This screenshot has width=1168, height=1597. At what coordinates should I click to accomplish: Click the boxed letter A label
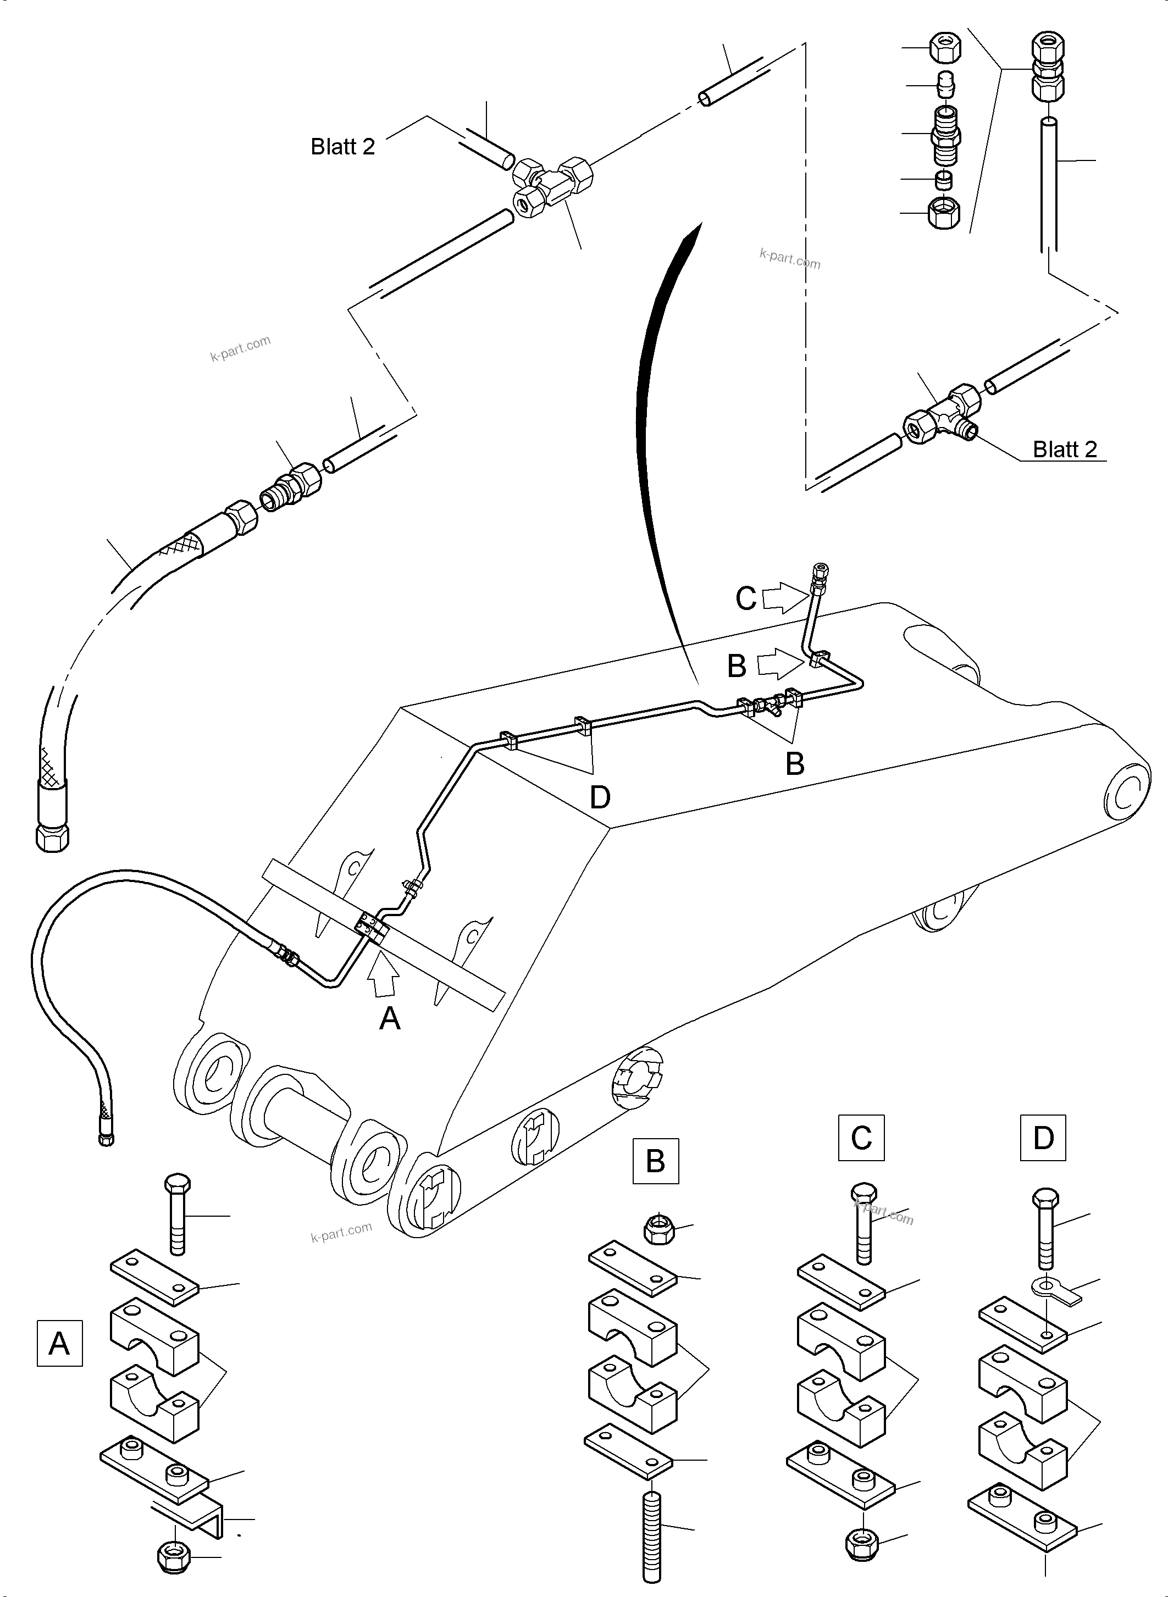pyautogui.click(x=59, y=1343)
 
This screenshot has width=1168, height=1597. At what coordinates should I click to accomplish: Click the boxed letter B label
pyautogui.click(x=655, y=1161)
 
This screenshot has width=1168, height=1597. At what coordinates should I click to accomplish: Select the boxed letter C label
pyautogui.click(x=861, y=1138)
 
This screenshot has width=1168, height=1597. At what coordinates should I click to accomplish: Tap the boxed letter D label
pyautogui.click(x=1043, y=1138)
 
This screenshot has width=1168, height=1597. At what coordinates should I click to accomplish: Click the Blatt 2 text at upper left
pyautogui.click(x=343, y=146)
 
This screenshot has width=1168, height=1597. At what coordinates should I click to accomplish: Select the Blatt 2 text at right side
pyautogui.click(x=1065, y=449)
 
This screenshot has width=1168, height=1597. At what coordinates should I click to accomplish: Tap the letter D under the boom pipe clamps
pyautogui.click(x=600, y=797)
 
